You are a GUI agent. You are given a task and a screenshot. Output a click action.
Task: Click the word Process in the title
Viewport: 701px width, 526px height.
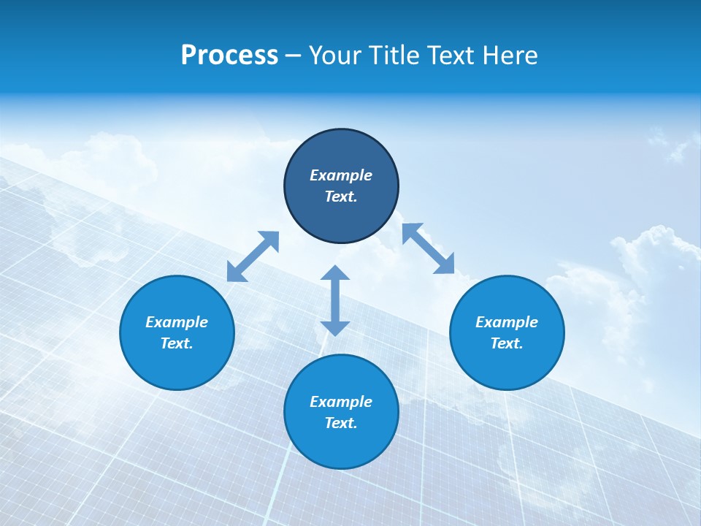pyautogui.click(x=229, y=56)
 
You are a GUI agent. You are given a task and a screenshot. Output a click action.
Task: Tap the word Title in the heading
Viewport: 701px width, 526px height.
pyautogui.click(x=396, y=56)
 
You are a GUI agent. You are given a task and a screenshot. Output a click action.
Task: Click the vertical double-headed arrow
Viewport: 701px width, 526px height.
pyautogui.click(x=335, y=300)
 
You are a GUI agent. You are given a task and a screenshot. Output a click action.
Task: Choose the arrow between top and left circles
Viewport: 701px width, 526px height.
pyautogui.click(x=253, y=256)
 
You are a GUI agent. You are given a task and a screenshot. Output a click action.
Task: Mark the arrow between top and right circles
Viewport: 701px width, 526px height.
pyautogui.click(x=429, y=248)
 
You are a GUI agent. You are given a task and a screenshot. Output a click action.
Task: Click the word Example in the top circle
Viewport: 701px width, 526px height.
pyautogui.click(x=341, y=175)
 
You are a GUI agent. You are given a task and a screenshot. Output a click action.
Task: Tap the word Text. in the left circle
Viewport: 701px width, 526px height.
pyautogui.click(x=177, y=343)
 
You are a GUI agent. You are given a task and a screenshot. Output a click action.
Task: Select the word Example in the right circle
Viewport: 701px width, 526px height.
pyautogui.click(x=507, y=322)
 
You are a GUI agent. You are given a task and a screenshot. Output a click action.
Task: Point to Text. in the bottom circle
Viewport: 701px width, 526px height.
pyautogui.click(x=341, y=423)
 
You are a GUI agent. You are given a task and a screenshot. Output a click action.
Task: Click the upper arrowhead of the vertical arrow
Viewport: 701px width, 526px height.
pyautogui.click(x=335, y=274)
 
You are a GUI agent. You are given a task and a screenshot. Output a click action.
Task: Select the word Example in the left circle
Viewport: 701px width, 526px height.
pyautogui.click(x=177, y=322)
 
